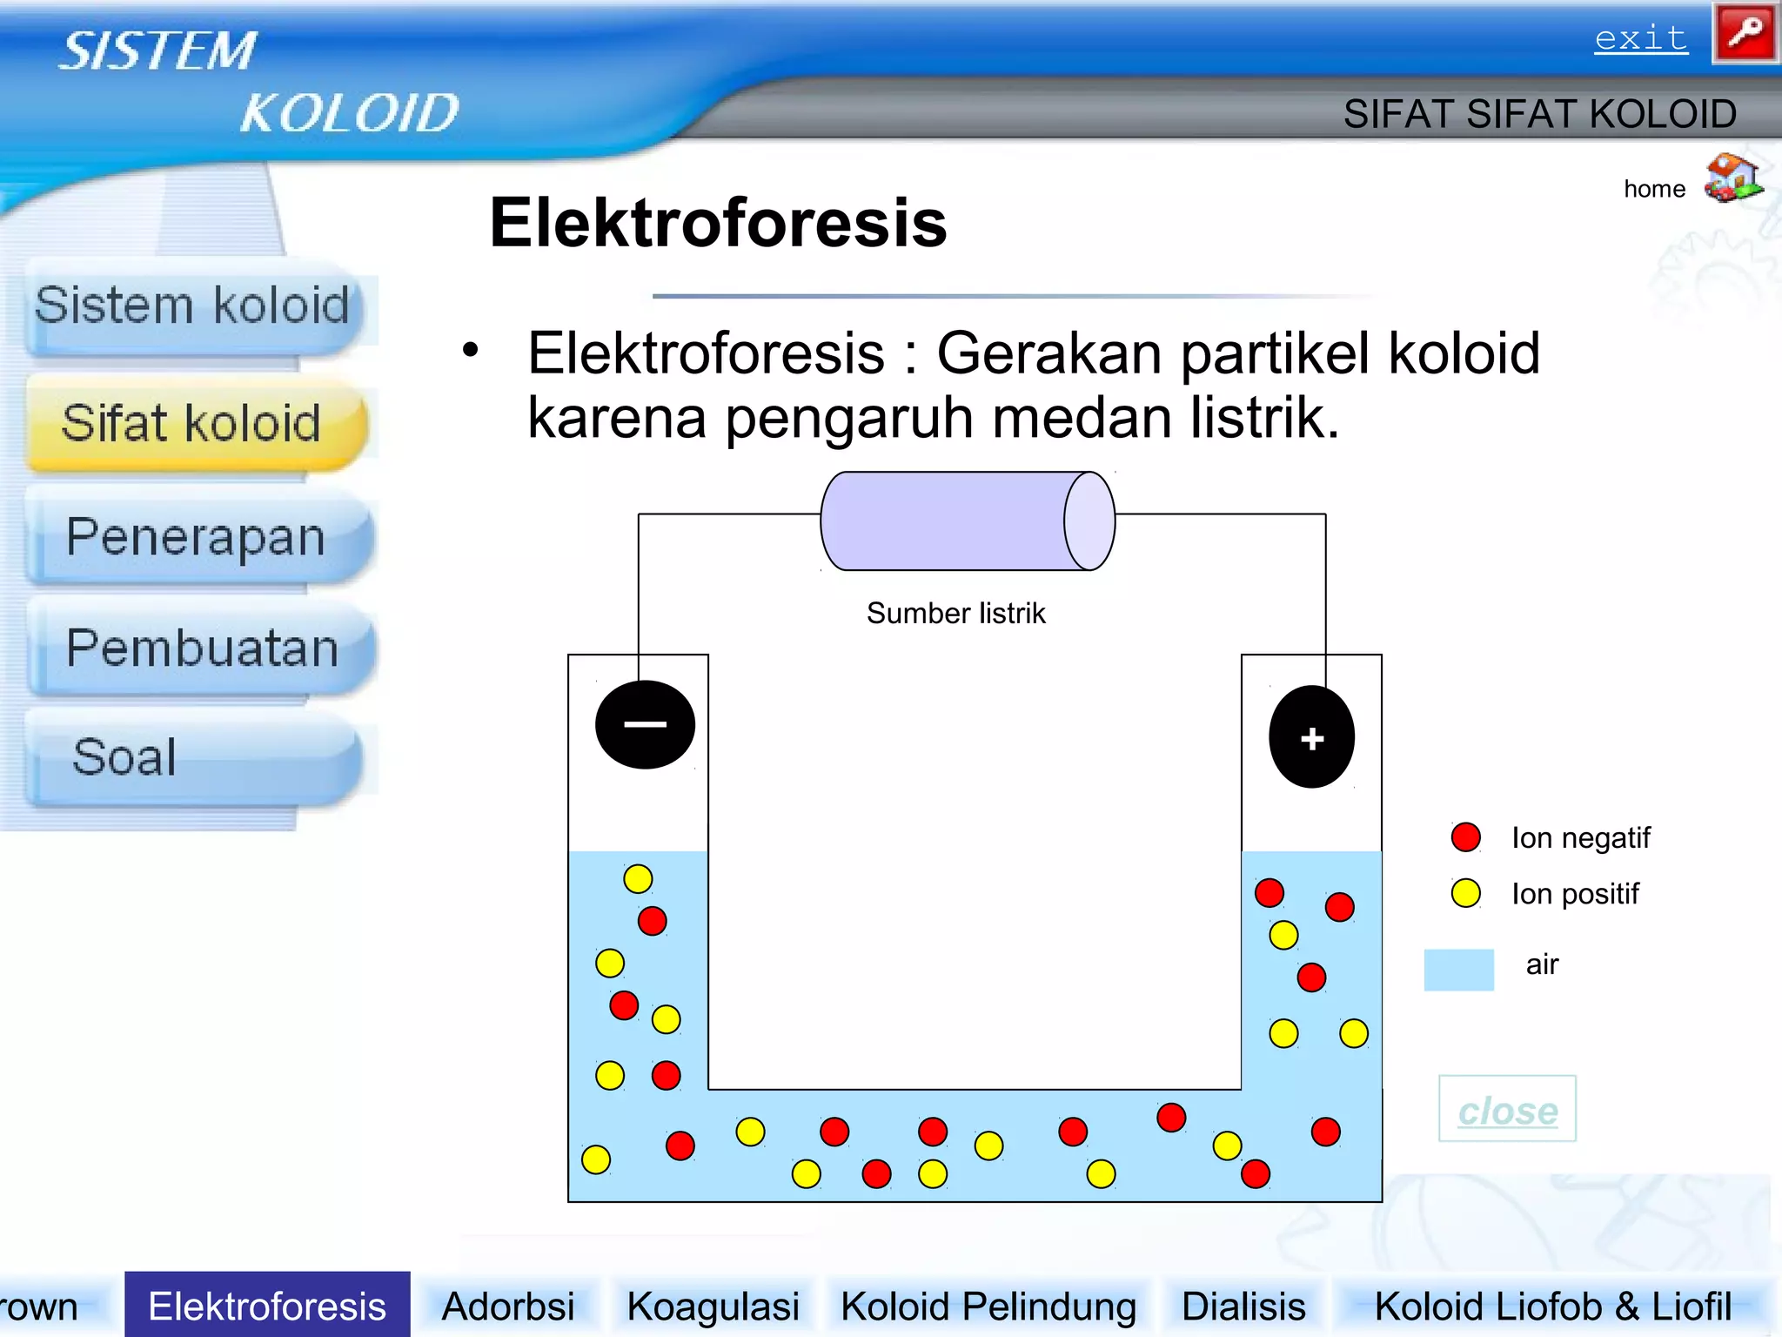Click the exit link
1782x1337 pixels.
1640,38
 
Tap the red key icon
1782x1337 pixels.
1745,33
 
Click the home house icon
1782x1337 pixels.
1732,178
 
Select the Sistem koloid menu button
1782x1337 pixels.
192,306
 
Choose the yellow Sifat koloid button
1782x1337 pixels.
192,424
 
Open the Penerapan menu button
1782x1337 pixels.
197,537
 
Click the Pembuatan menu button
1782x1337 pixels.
202,648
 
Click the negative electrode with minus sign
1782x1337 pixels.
645,724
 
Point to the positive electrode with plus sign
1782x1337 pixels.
1311,737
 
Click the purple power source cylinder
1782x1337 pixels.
967,521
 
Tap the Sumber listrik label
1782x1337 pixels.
955,614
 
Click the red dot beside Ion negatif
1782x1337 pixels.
1465,837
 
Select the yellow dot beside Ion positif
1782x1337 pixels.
1465,893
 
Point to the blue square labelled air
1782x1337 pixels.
1458,969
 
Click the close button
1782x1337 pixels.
1507,1110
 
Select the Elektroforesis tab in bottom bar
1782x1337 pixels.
267,1306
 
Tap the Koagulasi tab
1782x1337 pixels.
713,1307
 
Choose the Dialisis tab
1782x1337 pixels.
1243,1307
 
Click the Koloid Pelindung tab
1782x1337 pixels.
988,1307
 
